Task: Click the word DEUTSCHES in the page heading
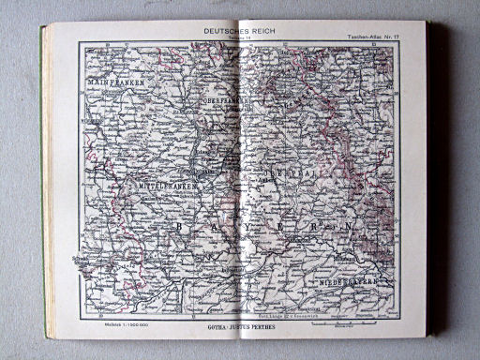tap(222, 30)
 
